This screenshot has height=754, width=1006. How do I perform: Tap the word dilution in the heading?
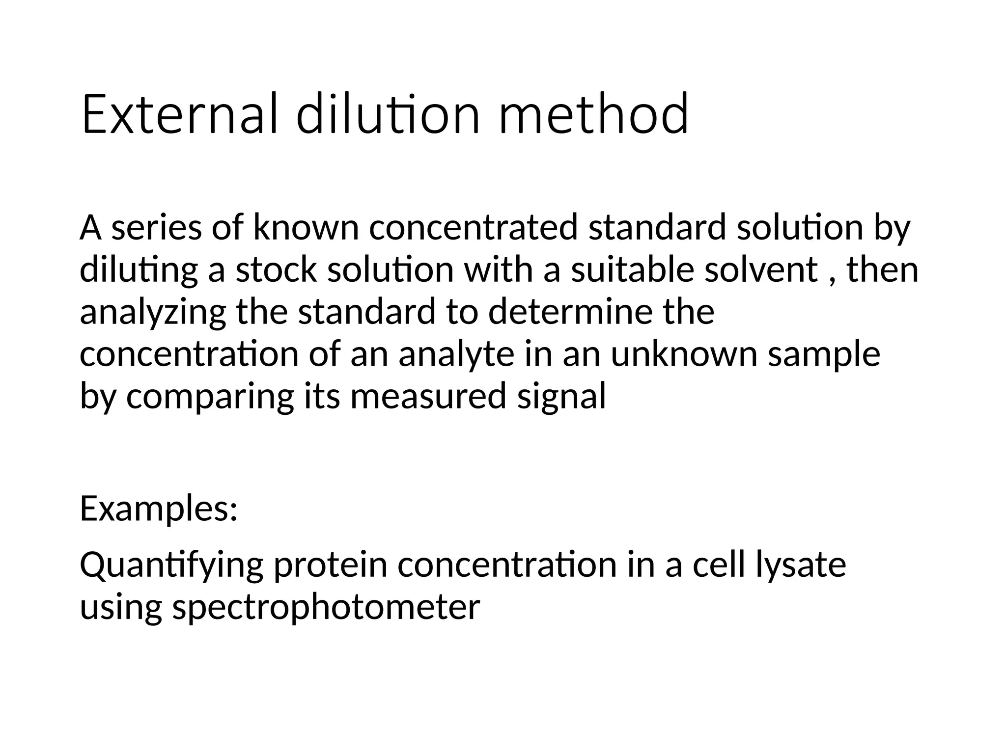(x=388, y=115)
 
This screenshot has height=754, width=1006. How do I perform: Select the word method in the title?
(x=593, y=115)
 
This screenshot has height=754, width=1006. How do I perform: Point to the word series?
(x=156, y=228)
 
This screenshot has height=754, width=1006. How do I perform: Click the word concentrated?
(x=473, y=228)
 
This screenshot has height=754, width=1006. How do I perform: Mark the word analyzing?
(x=153, y=313)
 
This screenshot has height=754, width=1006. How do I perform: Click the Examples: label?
(x=159, y=510)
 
